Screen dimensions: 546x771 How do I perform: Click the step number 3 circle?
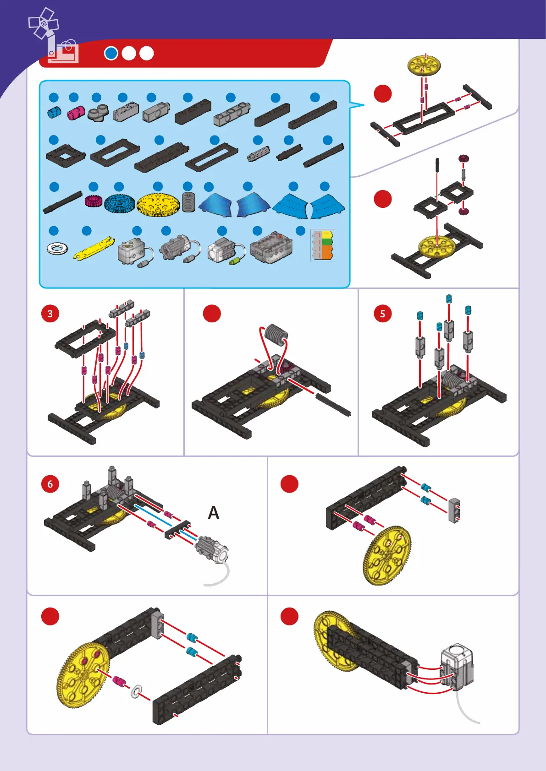point(50,314)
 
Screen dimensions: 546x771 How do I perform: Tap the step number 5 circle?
point(383,314)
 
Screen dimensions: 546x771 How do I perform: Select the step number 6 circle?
point(50,484)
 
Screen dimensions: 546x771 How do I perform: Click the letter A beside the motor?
point(213,512)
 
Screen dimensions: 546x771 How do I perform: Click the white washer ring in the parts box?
point(57,248)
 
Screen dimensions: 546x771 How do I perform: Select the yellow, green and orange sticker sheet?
point(322,245)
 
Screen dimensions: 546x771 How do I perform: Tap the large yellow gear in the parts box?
point(158,205)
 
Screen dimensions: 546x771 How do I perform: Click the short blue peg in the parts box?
point(54,112)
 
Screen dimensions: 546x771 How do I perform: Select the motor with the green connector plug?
point(226,252)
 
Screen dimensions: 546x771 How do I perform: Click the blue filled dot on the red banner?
point(111,54)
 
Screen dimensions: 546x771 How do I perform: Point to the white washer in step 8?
point(137,691)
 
